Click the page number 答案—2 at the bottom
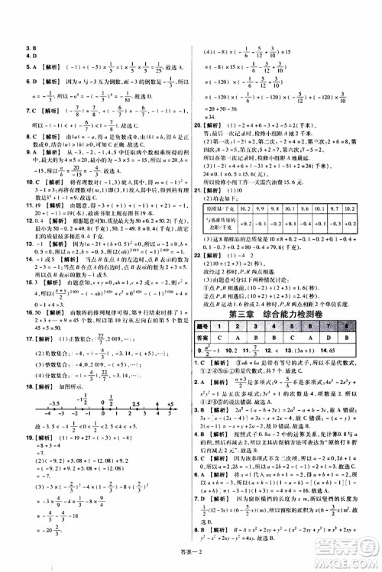coord(192,563)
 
